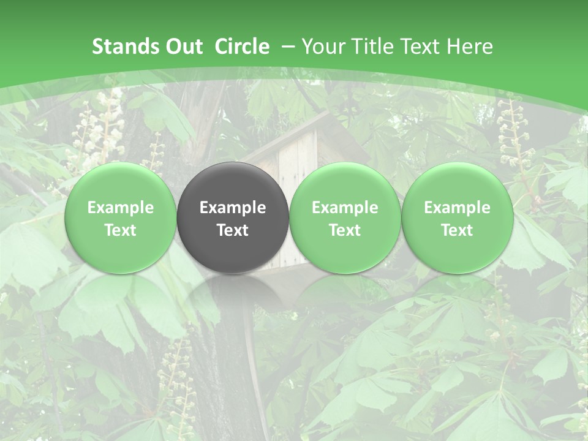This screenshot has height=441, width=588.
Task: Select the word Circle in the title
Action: (x=242, y=47)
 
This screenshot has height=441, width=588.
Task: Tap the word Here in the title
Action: (x=470, y=47)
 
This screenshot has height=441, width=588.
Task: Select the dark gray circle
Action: (x=233, y=218)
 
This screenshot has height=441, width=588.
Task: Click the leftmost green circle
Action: (x=120, y=218)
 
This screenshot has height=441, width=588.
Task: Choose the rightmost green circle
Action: (x=457, y=218)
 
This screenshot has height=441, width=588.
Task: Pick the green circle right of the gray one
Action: (x=345, y=218)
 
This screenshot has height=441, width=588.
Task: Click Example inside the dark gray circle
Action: (x=233, y=208)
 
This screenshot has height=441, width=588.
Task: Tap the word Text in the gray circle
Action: (x=233, y=230)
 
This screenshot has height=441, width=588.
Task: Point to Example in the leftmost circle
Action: (x=120, y=208)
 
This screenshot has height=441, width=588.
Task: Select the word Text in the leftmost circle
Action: (x=120, y=230)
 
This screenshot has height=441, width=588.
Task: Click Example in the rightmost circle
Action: (x=457, y=208)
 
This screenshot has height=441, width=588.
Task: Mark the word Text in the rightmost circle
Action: (x=457, y=230)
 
